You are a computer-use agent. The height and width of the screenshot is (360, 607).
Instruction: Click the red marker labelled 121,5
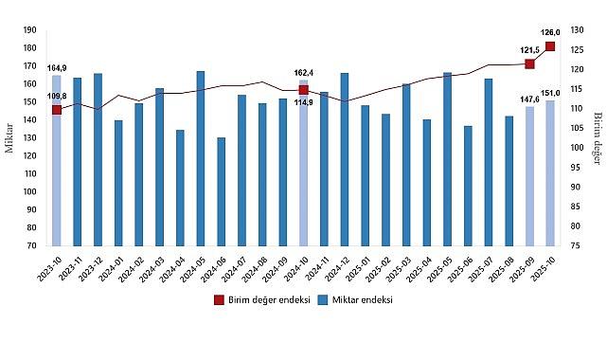coord(529,63)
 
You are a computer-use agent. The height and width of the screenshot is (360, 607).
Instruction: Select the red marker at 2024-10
coord(303,89)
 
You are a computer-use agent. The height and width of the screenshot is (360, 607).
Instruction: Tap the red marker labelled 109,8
coord(57,110)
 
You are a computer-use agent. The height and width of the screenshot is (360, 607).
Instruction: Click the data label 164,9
coord(57,67)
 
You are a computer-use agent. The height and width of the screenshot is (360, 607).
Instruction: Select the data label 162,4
coord(303,72)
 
